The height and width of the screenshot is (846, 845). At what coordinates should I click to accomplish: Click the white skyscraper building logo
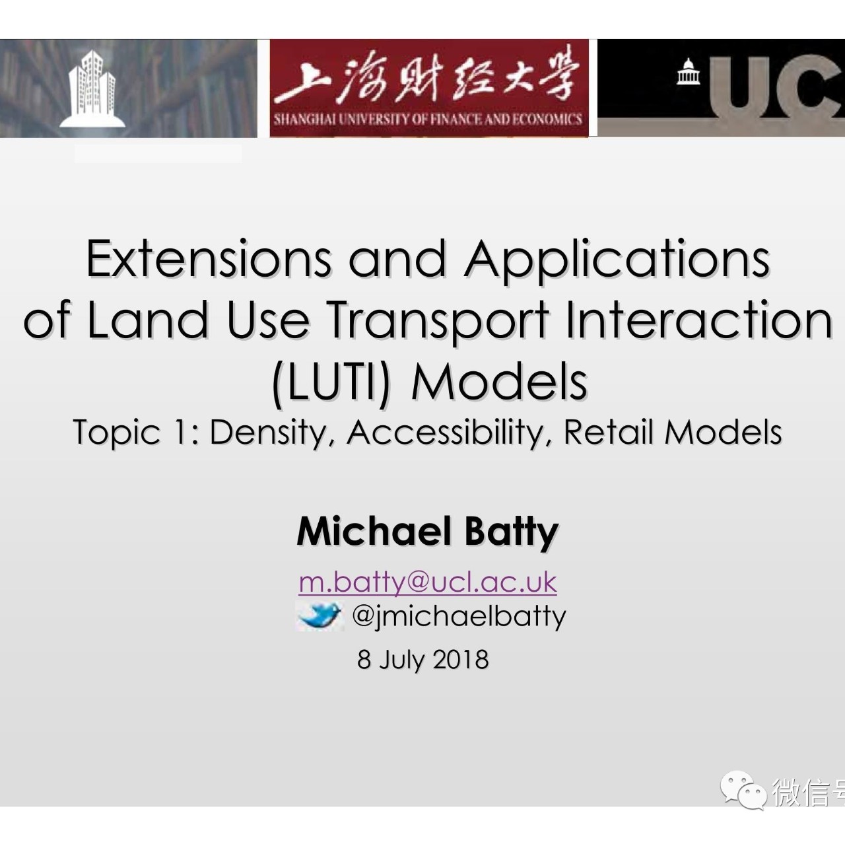point(92,88)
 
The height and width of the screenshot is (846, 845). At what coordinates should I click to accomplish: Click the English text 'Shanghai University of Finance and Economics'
point(428,120)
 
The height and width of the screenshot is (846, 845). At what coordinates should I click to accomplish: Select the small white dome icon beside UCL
point(689,71)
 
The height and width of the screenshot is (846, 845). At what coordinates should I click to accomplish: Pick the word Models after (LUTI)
point(499,382)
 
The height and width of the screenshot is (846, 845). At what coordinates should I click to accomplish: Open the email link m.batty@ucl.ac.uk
point(428,582)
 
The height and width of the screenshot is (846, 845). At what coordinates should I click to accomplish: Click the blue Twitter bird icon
point(320,616)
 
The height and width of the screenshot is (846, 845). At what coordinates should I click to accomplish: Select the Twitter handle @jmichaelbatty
point(459,616)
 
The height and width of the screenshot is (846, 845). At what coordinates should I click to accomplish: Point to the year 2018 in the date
point(461,659)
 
